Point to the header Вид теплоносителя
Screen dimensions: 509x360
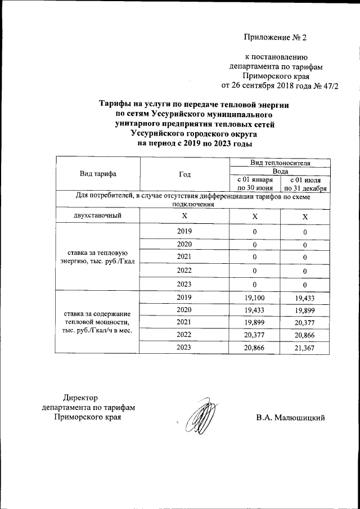click(280, 162)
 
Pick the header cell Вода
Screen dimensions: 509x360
click(280, 170)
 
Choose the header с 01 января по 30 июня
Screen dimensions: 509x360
click(255, 183)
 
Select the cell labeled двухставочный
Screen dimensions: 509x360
click(97, 216)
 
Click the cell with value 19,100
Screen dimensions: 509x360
click(255, 297)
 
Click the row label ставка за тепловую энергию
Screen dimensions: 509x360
click(97, 257)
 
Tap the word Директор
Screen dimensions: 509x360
click(80, 397)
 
